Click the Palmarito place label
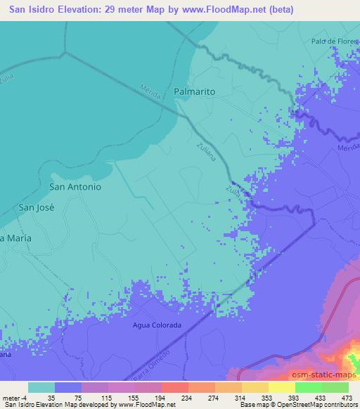tap(194, 92)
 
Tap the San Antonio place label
tap(75, 187)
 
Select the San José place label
tap(36, 207)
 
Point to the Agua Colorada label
tap(157, 325)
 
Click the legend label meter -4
tap(15, 397)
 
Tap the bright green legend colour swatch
tap(309, 387)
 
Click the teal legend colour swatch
tap(41, 387)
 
